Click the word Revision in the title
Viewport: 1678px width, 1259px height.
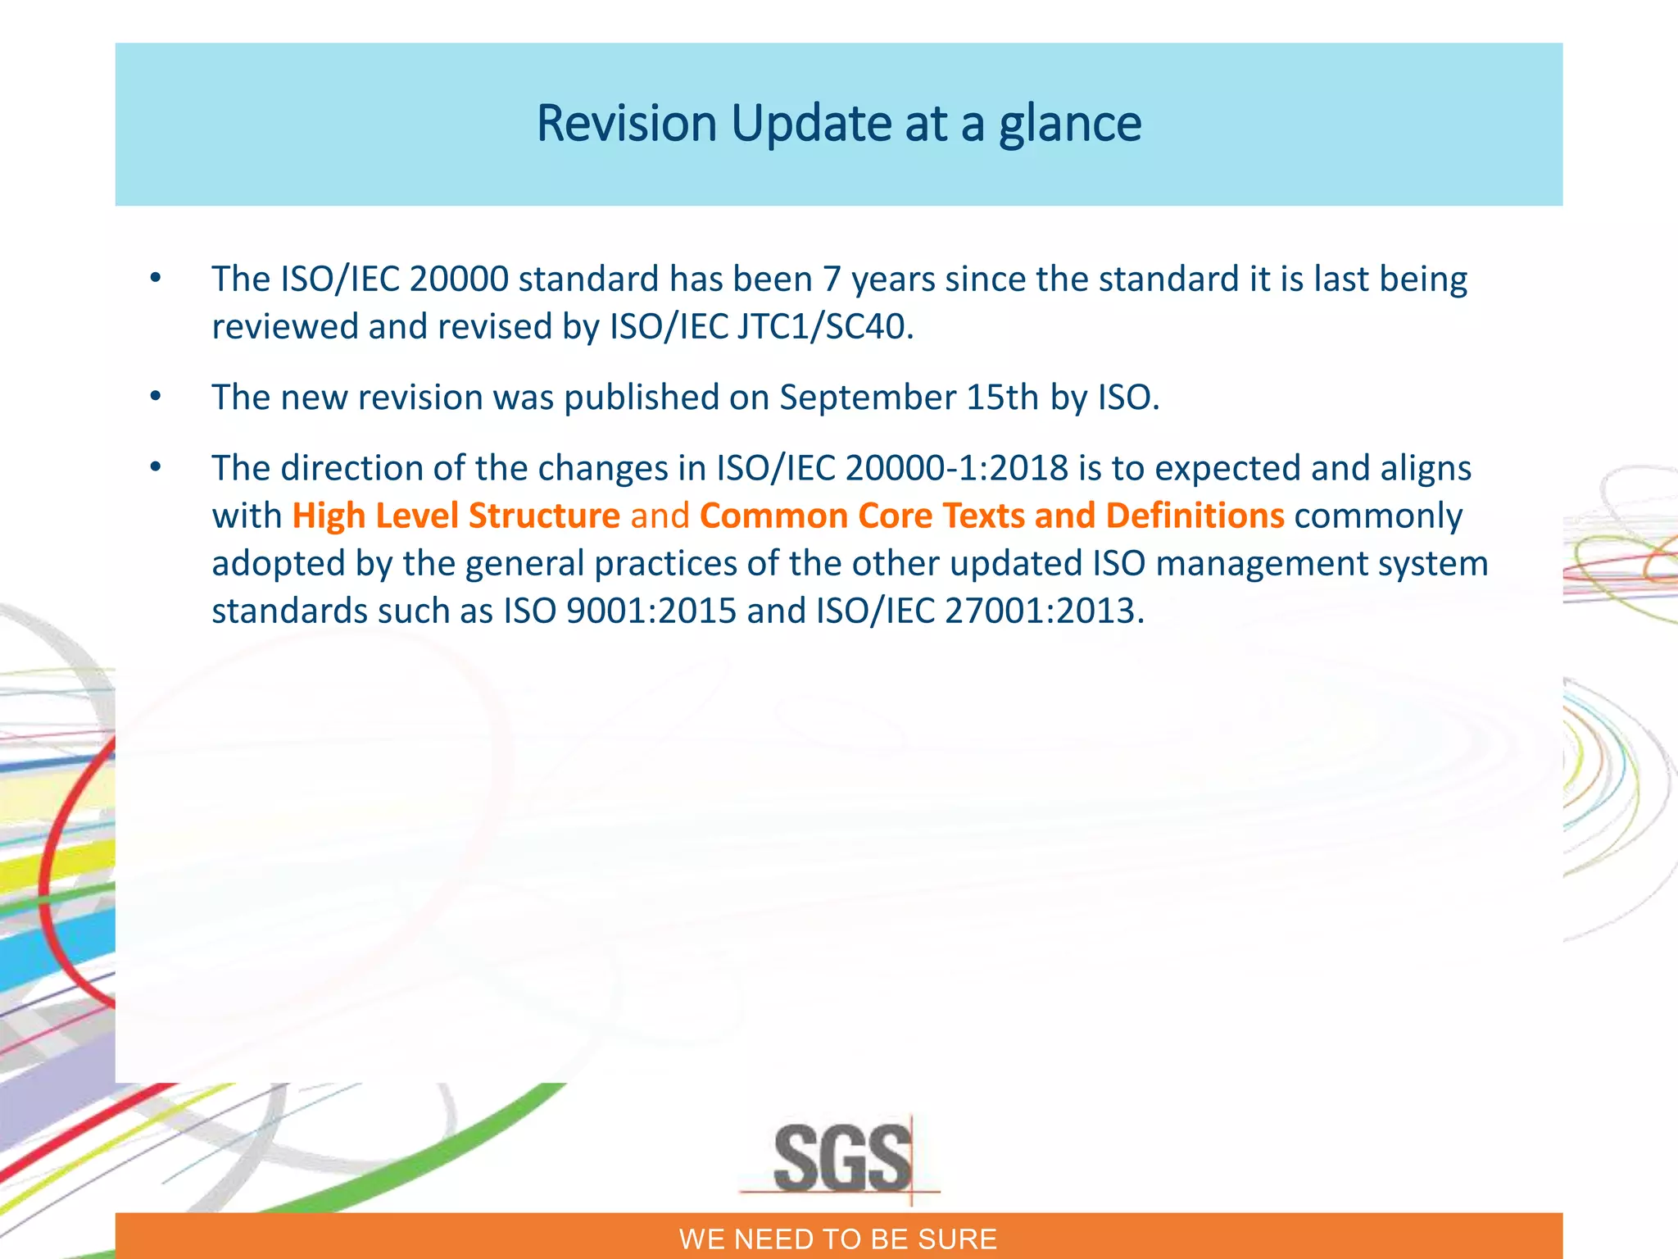(x=627, y=124)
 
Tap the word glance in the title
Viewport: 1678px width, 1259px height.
(x=1069, y=124)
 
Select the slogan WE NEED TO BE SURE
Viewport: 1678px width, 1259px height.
(x=838, y=1239)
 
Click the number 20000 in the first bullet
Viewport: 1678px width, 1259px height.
(x=459, y=280)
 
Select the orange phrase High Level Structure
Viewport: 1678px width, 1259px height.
(x=456, y=516)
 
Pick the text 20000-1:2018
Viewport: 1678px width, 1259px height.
(x=956, y=469)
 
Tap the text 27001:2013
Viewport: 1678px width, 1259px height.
(x=1044, y=611)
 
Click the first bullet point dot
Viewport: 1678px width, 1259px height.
(x=156, y=279)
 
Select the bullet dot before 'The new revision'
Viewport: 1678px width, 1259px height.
(x=156, y=398)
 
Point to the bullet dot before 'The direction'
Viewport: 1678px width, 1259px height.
(x=156, y=468)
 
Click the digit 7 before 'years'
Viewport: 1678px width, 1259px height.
(x=832, y=280)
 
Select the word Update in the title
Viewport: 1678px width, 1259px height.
(x=811, y=124)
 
